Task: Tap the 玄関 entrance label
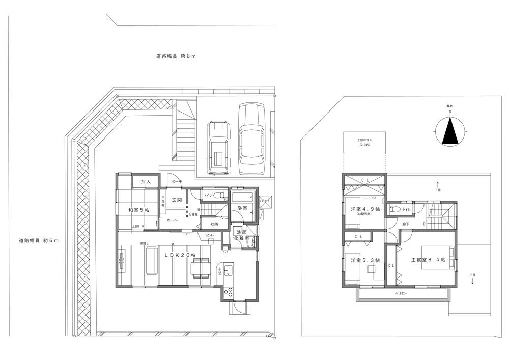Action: tap(177, 200)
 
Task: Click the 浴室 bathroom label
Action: tap(242, 209)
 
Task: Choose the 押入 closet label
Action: tap(146, 182)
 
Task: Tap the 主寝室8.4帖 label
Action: tap(428, 260)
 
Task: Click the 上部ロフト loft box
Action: tap(364, 142)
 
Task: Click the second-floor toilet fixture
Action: tap(394, 208)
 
